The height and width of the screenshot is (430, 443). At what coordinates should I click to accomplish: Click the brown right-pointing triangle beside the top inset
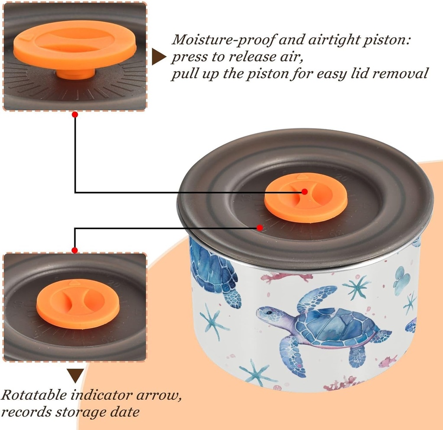158,57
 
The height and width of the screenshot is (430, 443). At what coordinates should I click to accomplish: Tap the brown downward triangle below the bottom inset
75,376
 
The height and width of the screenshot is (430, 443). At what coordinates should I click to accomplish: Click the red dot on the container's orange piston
305,191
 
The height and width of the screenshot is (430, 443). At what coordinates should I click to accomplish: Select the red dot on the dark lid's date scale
260,227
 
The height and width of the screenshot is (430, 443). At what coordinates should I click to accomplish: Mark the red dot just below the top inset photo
75,115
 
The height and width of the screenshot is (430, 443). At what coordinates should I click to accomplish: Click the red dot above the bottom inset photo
75,250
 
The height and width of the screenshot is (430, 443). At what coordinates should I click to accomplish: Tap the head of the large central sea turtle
268,314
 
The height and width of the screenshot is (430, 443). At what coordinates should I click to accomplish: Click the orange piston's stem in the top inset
76,74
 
